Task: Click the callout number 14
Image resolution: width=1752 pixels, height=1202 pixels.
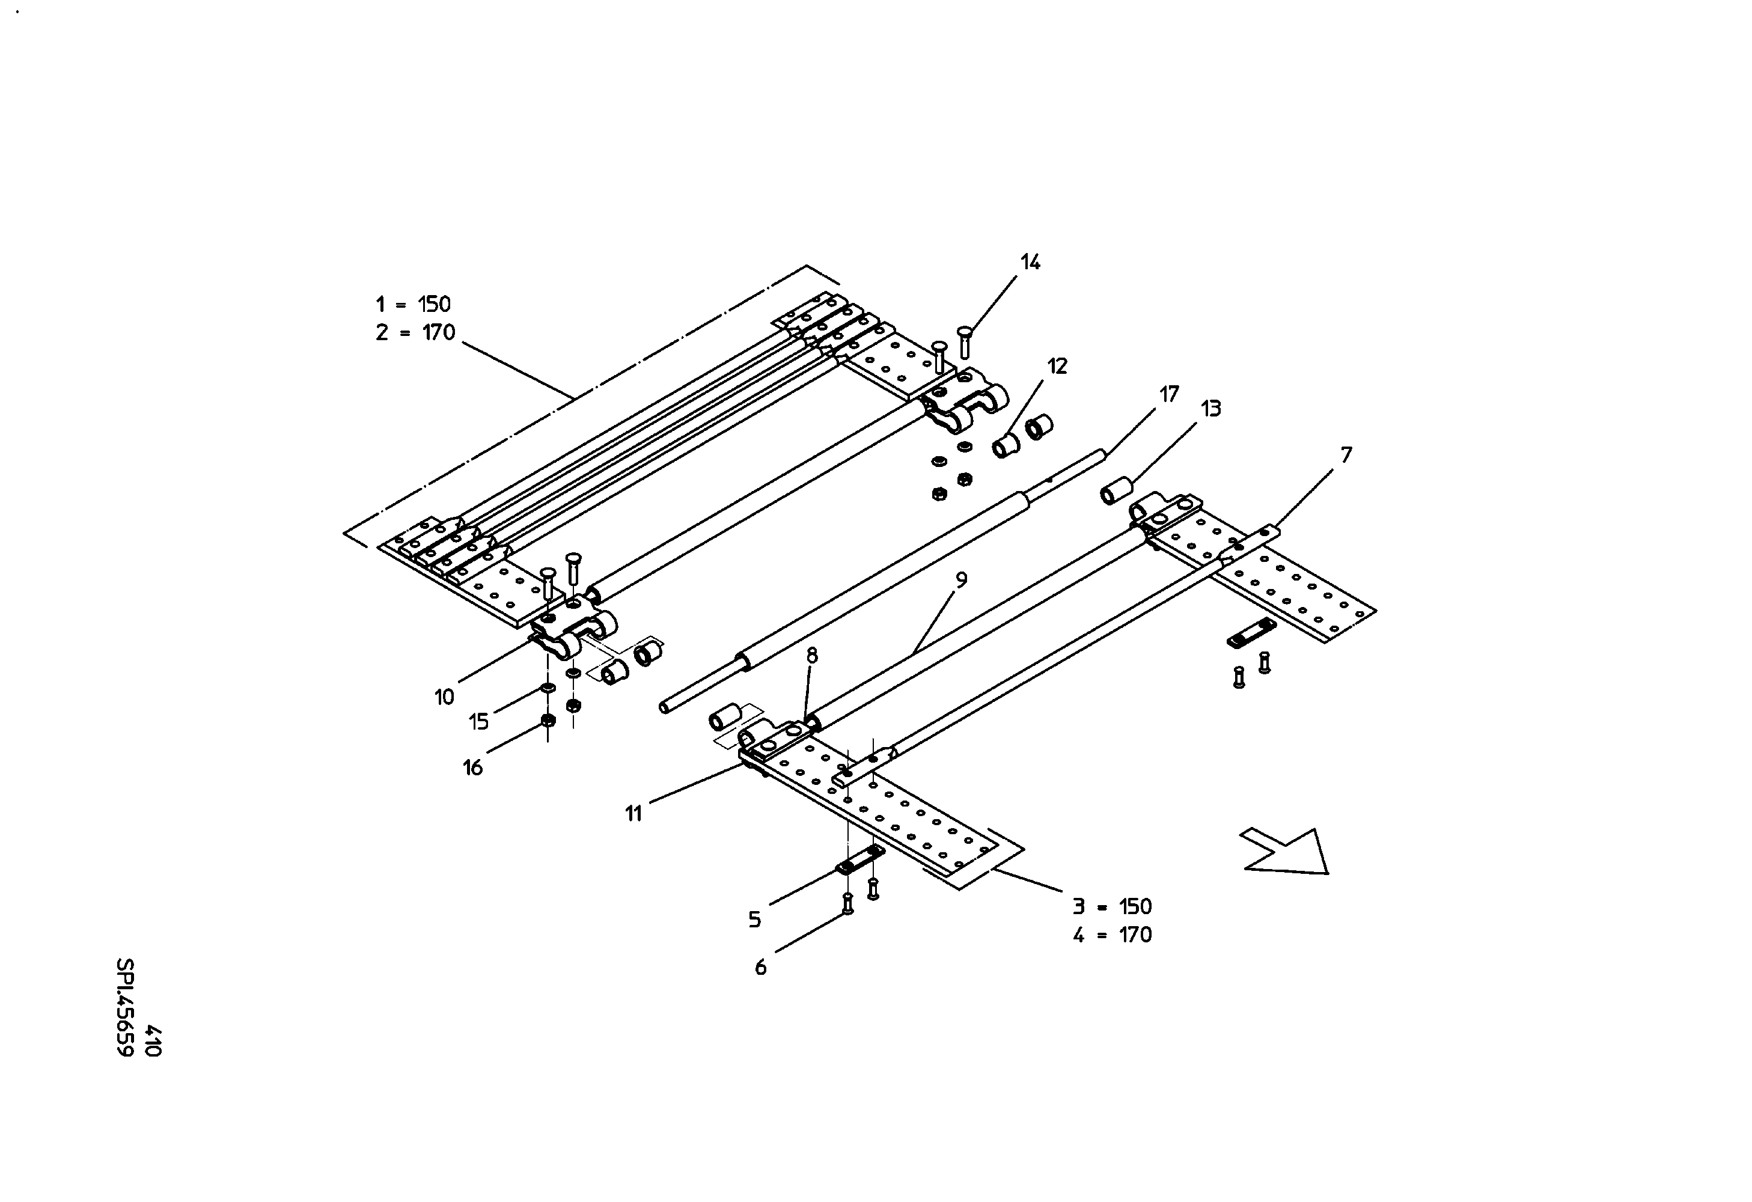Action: [x=1031, y=262]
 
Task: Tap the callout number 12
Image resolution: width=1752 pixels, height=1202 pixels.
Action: [x=1058, y=366]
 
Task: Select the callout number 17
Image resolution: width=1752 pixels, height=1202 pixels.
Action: [x=1169, y=394]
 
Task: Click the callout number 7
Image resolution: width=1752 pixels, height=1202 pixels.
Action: [x=1346, y=455]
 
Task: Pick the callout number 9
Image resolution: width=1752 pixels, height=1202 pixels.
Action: [x=961, y=579]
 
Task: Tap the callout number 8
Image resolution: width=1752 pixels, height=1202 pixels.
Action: [x=812, y=655]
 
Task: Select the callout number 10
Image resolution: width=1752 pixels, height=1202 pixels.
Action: [x=445, y=697]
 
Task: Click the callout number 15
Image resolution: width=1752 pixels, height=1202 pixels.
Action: [x=478, y=722]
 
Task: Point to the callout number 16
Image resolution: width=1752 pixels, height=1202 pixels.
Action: [x=472, y=768]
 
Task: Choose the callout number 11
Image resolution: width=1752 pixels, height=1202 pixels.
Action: [x=633, y=814]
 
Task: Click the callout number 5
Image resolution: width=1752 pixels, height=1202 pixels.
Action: [x=755, y=920]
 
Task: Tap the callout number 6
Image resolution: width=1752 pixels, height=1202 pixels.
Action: [x=761, y=967]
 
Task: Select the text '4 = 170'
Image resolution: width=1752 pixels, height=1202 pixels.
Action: [x=1113, y=935]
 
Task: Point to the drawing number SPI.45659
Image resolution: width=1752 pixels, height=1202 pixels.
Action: [x=125, y=1007]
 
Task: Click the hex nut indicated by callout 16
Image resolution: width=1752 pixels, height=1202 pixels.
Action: [x=549, y=719]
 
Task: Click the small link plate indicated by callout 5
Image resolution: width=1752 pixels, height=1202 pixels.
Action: [x=860, y=860]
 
